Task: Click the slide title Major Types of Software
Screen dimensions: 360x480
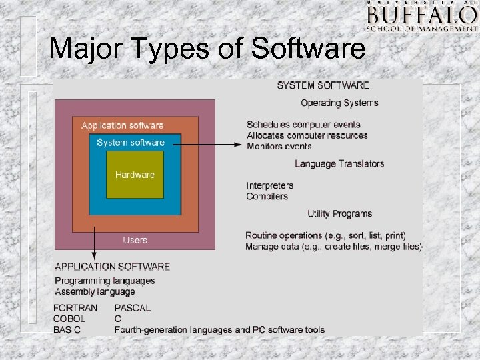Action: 207,49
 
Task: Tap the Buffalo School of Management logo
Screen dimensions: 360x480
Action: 422,17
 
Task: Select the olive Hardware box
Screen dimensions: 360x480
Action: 135,175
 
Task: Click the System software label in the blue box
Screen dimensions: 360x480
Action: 131,143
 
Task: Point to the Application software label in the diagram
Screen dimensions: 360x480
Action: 122,125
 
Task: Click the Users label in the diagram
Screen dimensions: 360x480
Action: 135,239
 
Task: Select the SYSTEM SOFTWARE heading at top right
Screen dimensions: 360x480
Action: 323,85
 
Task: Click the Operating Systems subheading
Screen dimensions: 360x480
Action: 339,103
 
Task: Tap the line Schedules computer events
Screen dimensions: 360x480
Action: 303,125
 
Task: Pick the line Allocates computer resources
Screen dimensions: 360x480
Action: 307,135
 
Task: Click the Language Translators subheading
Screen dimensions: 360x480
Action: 339,163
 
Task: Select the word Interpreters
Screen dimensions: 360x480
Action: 269,185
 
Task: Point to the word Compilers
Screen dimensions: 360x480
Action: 267,196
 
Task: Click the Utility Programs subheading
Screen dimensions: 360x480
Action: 339,213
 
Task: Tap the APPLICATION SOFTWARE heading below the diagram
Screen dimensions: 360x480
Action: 112,267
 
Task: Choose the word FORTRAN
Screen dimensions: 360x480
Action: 75,308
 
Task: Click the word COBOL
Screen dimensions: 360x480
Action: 69,319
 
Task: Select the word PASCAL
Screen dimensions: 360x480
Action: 133,308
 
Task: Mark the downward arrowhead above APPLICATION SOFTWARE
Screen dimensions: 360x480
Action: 94,255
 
